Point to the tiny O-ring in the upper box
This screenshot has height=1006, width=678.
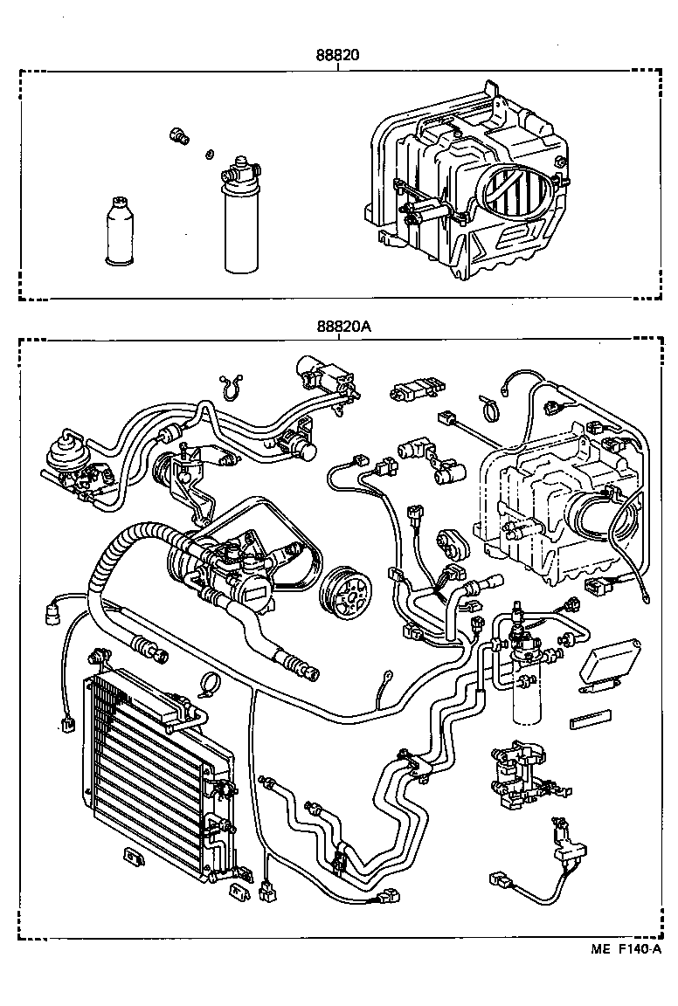click(x=210, y=155)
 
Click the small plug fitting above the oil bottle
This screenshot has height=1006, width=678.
click(x=180, y=135)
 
